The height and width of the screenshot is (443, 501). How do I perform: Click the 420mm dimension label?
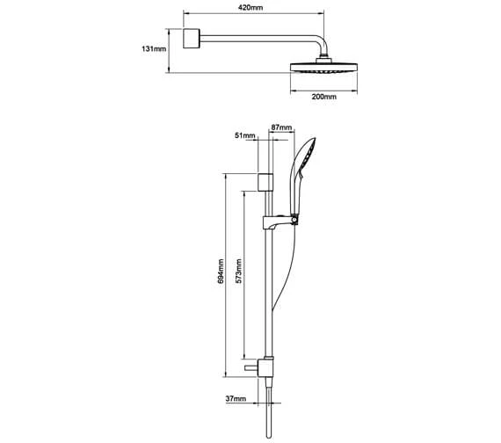[250, 7]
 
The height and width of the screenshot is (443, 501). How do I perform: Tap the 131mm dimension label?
[154, 49]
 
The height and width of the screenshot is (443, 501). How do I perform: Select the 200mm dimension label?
[324, 97]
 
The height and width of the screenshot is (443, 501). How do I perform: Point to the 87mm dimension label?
[281, 127]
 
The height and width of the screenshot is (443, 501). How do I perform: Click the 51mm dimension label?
[245, 135]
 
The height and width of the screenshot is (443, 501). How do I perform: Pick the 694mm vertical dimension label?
[221, 272]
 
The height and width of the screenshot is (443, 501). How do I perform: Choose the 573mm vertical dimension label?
[238, 271]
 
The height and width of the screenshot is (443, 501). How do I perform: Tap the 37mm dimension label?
[236, 398]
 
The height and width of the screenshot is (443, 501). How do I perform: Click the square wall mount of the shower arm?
[192, 39]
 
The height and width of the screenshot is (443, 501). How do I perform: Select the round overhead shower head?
[323, 68]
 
